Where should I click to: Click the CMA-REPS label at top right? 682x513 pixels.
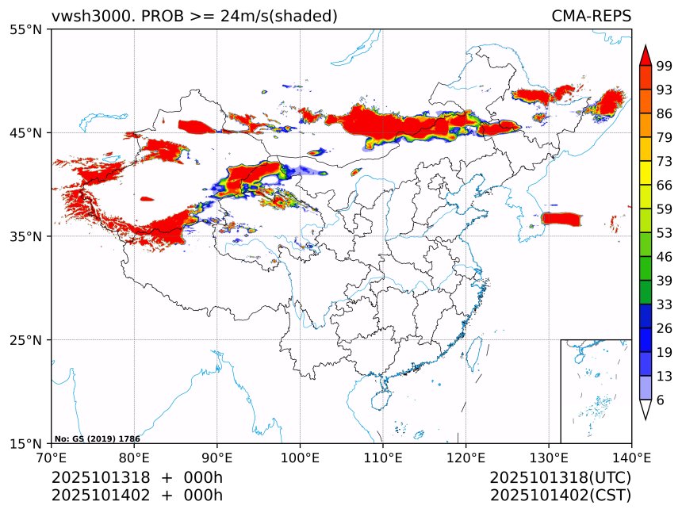click(591, 16)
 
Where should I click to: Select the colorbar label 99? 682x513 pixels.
click(665, 66)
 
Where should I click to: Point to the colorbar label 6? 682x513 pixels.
click(661, 400)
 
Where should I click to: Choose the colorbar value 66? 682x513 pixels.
click(665, 185)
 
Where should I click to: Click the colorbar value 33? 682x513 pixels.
click(665, 304)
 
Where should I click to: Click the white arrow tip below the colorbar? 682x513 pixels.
click(646, 409)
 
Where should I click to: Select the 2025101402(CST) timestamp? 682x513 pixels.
click(560, 496)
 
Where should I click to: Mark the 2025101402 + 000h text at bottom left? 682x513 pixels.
click(136, 496)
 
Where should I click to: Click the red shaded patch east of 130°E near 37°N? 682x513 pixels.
click(561, 218)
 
